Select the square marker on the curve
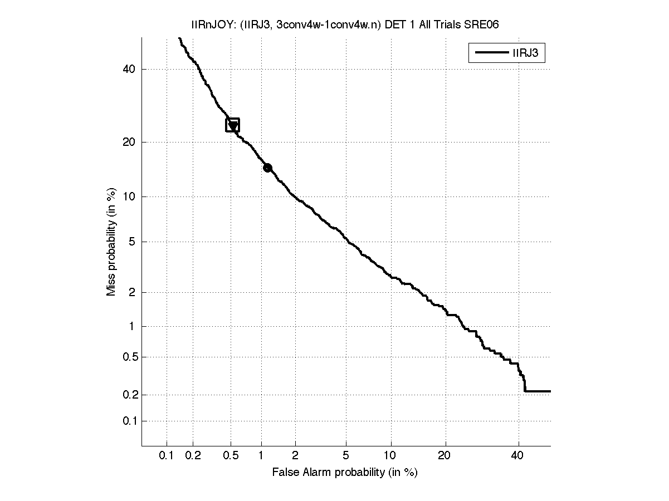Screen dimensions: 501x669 pos(232,125)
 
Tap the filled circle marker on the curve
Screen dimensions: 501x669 pos(267,168)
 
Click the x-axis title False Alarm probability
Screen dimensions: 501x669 pos(345,473)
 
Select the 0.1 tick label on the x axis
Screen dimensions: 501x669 pos(167,456)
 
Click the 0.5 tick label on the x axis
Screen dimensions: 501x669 pos(231,456)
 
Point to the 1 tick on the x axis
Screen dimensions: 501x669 pos(261,456)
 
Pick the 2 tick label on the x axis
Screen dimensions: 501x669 pos(295,456)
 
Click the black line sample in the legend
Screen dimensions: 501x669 pos(489,53)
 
